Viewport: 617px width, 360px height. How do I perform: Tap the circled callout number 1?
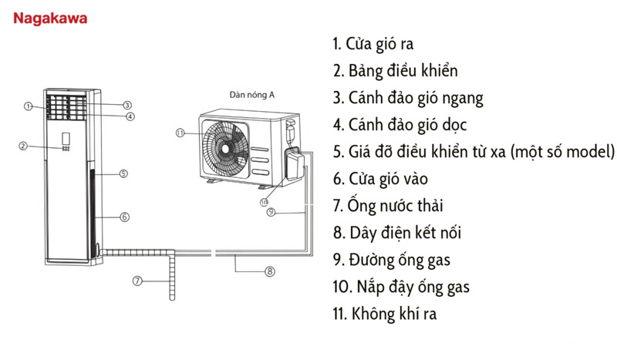tap(28, 106)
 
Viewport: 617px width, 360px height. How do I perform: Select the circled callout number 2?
tap(23, 146)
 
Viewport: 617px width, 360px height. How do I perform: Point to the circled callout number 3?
tap(127, 105)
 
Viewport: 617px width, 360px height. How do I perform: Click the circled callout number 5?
tap(123, 174)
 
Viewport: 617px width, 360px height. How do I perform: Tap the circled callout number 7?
tap(137, 281)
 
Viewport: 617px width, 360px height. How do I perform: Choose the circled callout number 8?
tap(269, 271)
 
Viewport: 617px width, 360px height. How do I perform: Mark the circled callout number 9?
tap(271, 212)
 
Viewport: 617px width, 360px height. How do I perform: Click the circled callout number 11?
tap(180, 133)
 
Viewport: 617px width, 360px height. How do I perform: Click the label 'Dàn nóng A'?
tap(251, 95)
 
